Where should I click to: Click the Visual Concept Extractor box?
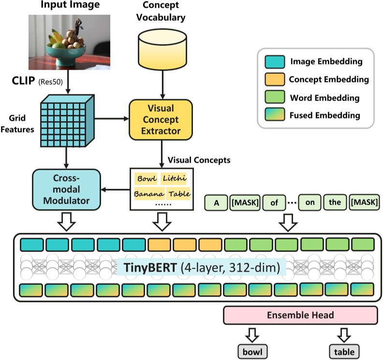pyautogui.click(x=160, y=119)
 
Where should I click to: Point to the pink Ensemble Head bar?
pyautogui.click(x=300, y=315)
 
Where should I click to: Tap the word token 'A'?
pyautogui.click(x=217, y=203)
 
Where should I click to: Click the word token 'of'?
pyautogui.click(x=274, y=203)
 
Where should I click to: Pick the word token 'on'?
pyautogui.click(x=309, y=203)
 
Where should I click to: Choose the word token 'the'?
pyautogui.click(x=335, y=203)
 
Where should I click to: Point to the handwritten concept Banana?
pyautogui.click(x=147, y=195)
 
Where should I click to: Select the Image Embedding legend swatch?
pyautogui.click(x=274, y=61)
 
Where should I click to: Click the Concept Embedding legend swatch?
pyautogui.click(x=274, y=79)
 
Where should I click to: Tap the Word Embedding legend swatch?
pyautogui.click(x=274, y=97)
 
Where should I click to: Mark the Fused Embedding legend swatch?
pyautogui.click(x=274, y=115)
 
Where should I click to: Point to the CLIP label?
pyautogui.click(x=23, y=79)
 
